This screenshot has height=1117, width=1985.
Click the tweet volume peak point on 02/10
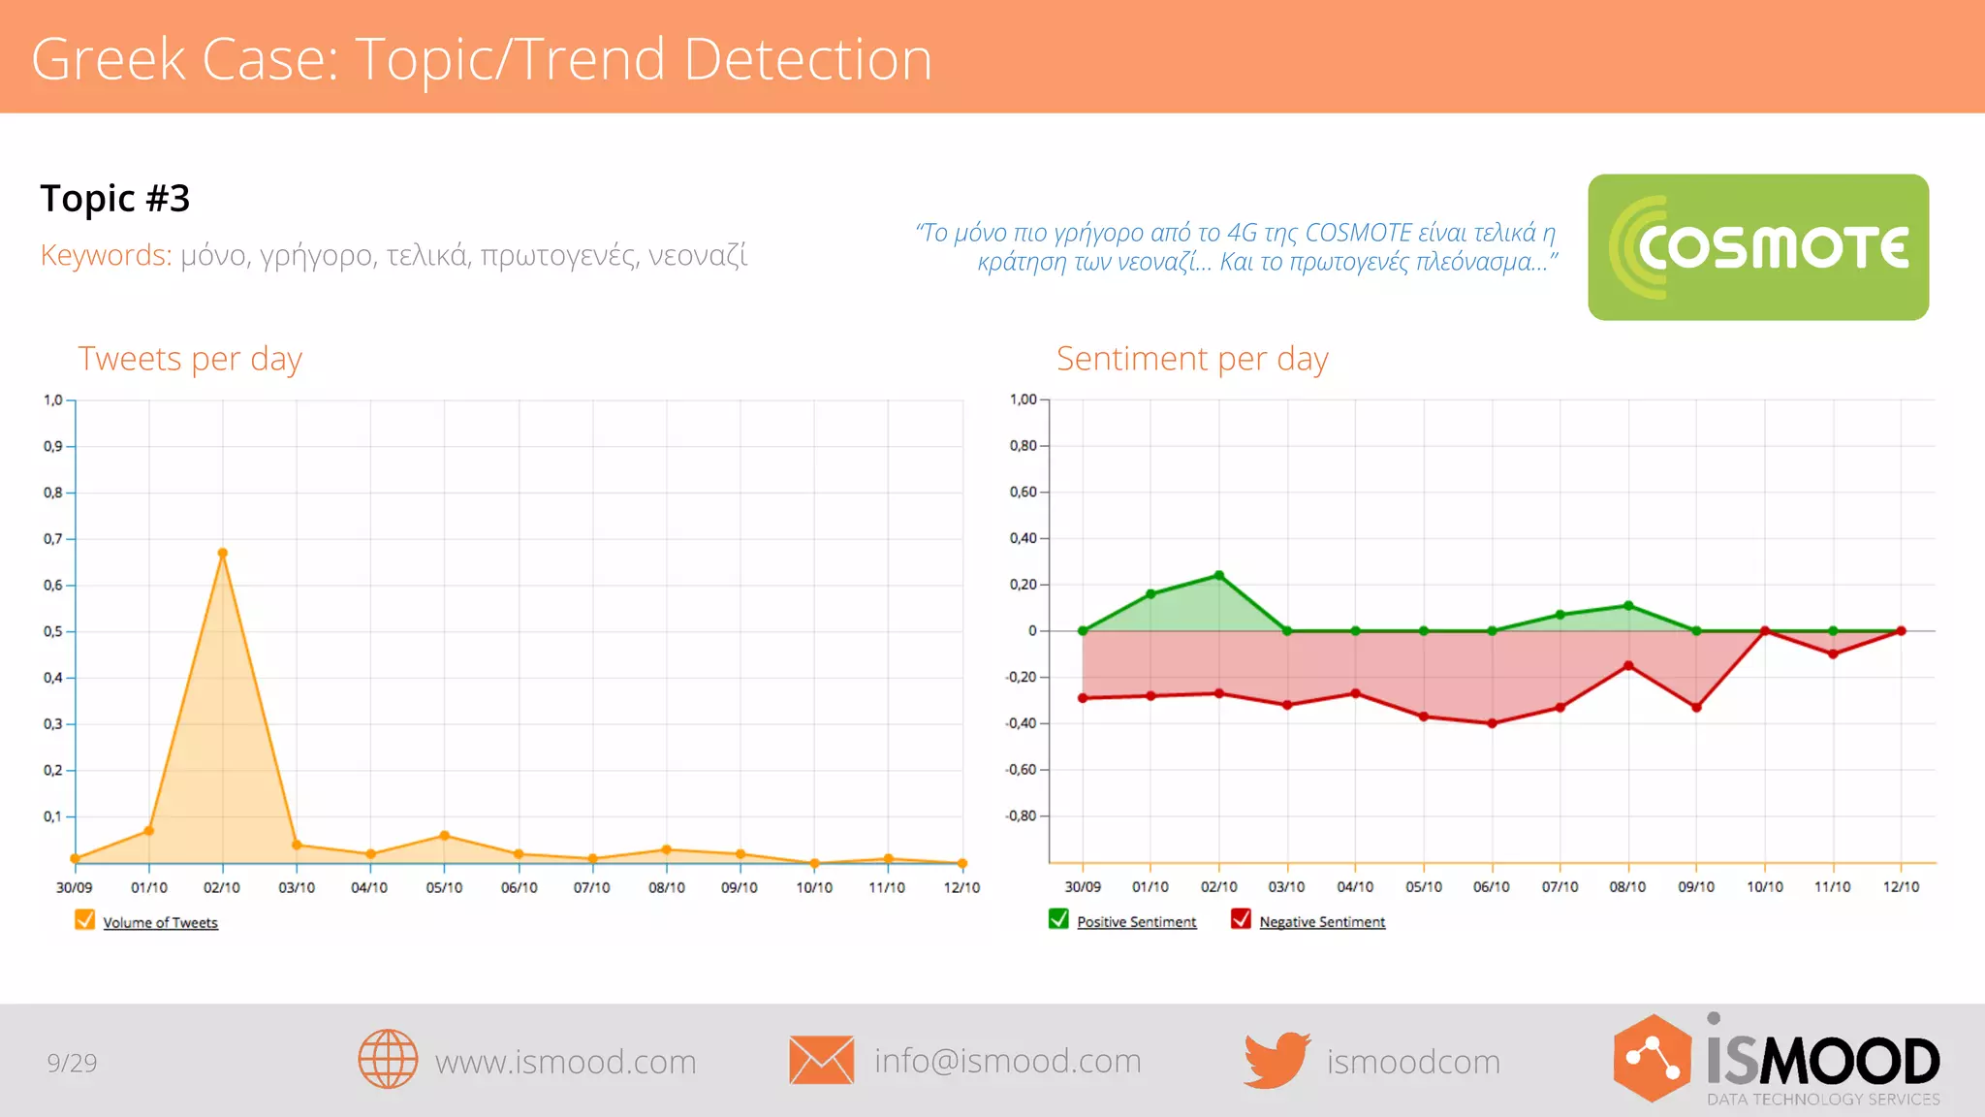223,554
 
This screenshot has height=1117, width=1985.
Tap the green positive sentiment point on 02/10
1219,576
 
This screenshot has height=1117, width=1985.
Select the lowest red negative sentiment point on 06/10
1492,723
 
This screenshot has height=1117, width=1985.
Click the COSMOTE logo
1757,247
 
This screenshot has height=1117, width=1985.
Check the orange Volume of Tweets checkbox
85,920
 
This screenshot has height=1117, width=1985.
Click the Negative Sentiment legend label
1322,922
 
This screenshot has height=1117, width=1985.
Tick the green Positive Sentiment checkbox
1058,919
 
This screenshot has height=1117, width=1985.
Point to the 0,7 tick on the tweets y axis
53,539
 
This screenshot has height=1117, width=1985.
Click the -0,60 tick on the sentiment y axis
1022,770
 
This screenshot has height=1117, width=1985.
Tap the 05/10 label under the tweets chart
444,887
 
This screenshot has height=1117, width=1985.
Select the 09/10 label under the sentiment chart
1696,887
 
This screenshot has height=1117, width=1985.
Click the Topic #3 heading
115,199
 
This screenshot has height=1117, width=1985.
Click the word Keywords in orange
106,255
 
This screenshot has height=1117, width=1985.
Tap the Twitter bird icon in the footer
1276,1060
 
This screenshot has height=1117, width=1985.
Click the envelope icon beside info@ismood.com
821,1060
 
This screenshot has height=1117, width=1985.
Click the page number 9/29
72,1063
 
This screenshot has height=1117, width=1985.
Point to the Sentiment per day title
1192,359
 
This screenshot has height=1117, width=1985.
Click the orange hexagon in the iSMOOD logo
1652,1059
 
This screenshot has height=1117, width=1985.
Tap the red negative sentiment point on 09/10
1696,707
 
